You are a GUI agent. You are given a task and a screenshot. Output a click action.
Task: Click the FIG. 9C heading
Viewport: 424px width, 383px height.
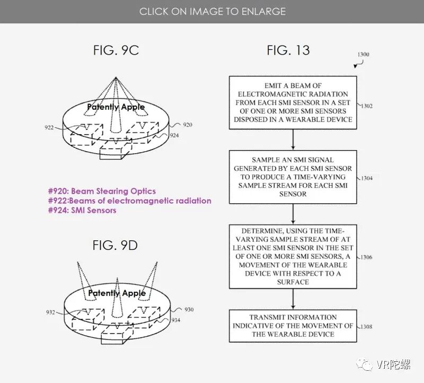click(116, 50)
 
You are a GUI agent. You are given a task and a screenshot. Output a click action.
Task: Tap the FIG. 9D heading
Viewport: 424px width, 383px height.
click(116, 246)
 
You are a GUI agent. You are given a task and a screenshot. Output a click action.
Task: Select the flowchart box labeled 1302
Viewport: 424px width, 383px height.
click(293, 103)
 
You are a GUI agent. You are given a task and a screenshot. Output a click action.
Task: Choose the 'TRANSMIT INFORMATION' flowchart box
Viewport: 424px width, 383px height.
click(293, 325)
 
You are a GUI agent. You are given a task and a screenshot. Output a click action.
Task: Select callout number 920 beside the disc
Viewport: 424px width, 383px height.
click(187, 125)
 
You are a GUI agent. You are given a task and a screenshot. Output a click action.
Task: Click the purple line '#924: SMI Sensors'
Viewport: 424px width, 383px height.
click(82, 210)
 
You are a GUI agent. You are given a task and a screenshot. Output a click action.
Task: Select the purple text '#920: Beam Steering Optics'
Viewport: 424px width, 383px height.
click(102, 191)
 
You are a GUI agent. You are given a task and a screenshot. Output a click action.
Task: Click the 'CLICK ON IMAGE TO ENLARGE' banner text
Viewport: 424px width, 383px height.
click(212, 11)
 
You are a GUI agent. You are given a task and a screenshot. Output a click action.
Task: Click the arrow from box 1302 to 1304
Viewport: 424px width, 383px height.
click(293, 140)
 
